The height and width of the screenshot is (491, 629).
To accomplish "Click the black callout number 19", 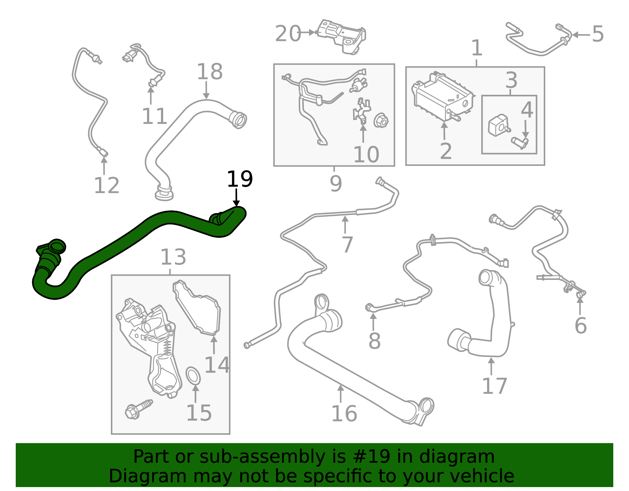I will (x=240, y=179).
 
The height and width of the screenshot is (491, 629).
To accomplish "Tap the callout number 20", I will (x=288, y=34).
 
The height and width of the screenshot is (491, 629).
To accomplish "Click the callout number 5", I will (x=598, y=35).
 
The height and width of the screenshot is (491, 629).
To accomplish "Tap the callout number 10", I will (x=366, y=154).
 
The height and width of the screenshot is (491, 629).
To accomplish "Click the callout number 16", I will (x=344, y=414).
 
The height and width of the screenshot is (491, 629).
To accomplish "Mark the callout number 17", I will (x=495, y=386).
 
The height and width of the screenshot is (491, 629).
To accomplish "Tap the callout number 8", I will (x=374, y=341).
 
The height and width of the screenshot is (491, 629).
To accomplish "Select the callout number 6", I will (x=580, y=325).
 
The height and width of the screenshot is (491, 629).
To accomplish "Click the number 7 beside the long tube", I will (x=347, y=245).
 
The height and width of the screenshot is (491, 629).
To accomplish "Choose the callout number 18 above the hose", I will (x=210, y=72).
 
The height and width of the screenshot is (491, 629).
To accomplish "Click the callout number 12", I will (x=107, y=185).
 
